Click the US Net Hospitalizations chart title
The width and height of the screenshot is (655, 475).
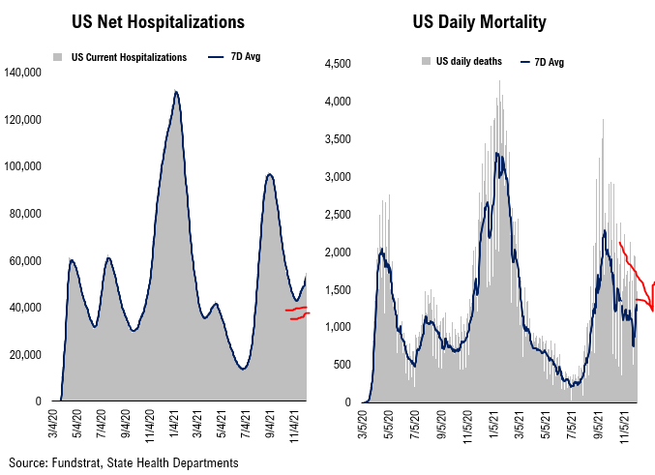[x=158, y=20]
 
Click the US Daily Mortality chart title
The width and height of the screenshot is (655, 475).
[x=493, y=20]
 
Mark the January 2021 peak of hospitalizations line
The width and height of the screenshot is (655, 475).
[x=175, y=92]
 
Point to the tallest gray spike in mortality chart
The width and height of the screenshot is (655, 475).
[x=499, y=81]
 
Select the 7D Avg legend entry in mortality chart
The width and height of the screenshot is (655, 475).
[x=546, y=62]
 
